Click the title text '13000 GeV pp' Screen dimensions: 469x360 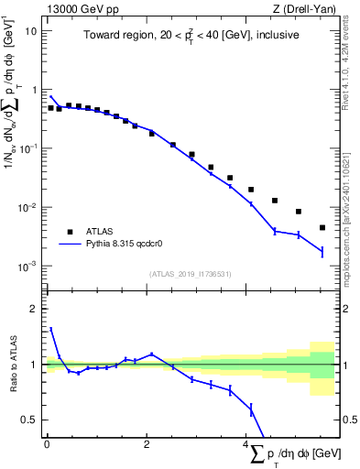pos(75,7)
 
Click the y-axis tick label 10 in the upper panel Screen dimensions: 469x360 pos(30,31)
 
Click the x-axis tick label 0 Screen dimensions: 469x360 pos(47,444)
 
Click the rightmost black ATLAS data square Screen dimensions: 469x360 pos(322,227)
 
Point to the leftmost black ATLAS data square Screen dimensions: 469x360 pos(51,107)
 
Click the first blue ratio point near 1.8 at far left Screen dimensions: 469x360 pos(51,329)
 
